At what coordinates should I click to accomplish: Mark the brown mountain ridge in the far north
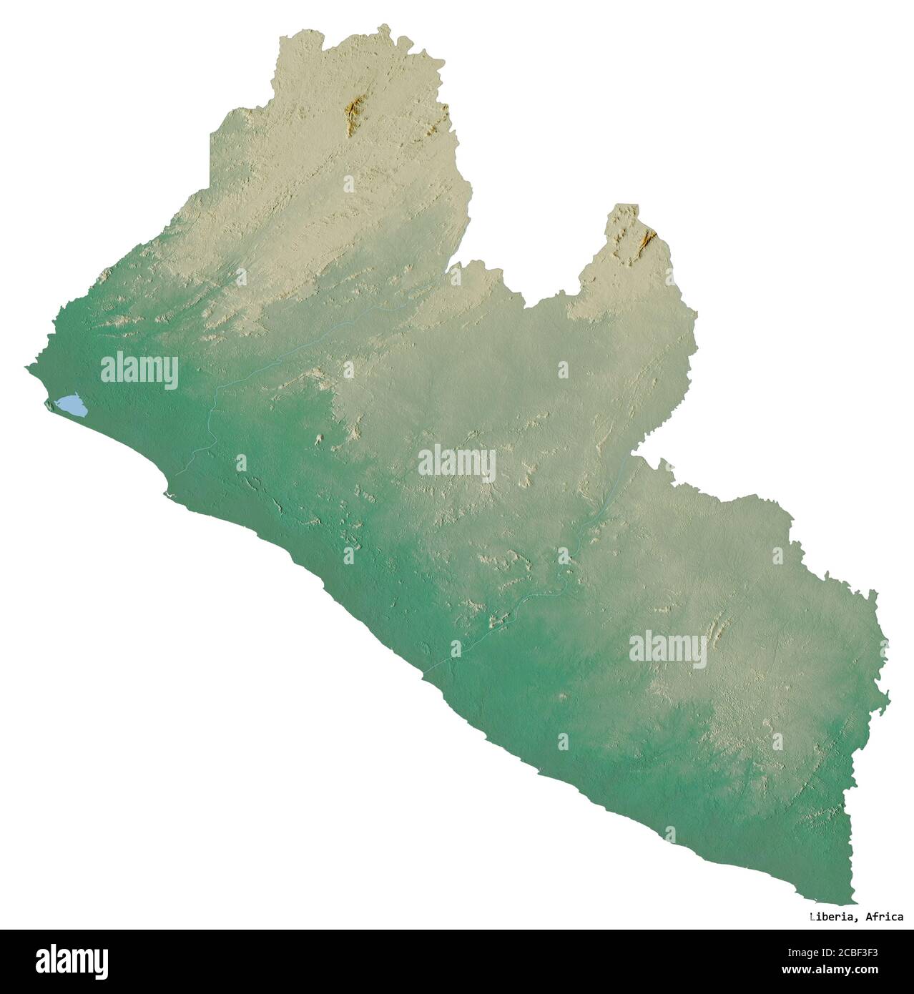click(x=353, y=115)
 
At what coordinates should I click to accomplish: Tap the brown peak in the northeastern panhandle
click(x=649, y=238)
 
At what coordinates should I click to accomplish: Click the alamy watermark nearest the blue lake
click(x=139, y=370)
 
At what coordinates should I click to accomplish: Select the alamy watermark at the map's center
click(x=456, y=462)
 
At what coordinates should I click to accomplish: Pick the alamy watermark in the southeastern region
click(x=667, y=649)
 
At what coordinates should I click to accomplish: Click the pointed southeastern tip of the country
click(x=851, y=902)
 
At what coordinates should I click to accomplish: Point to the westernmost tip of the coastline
click(x=26, y=368)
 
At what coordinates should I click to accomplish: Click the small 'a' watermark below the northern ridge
click(x=348, y=184)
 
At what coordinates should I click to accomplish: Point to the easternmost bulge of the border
click(x=888, y=694)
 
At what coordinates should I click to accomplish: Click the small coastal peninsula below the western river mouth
click(x=167, y=493)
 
